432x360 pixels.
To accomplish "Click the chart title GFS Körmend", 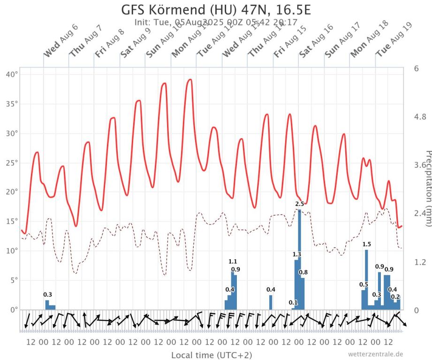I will click(x=216, y=10).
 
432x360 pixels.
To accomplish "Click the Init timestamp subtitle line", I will click(x=216, y=22).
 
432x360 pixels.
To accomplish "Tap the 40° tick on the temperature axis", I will click(x=12, y=74).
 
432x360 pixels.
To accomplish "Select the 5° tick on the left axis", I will click(x=14, y=280).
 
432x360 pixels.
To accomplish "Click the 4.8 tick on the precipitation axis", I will click(x=420, y=116).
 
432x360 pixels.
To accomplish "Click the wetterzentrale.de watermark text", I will click(x=375, y=354).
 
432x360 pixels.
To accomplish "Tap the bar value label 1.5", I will click(x=366, y=244).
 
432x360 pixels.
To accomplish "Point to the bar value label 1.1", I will click(x=233, y=262).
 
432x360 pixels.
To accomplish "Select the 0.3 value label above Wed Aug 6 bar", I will click(x=48, y=294).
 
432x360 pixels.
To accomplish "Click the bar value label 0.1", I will click(x=293, y=302).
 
